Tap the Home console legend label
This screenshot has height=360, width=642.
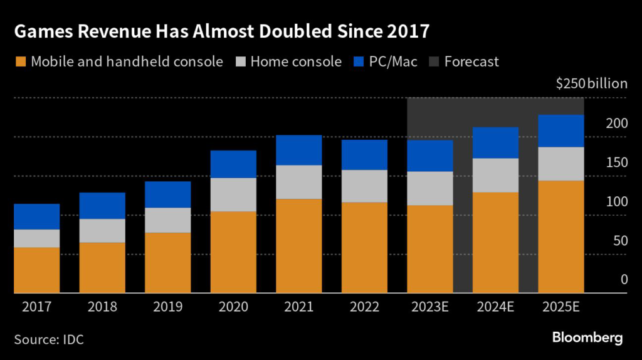[295, 61]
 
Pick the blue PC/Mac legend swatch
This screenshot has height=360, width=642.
[359, 61]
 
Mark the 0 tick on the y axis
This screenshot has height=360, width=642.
[623, 280]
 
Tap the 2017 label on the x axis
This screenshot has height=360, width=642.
[36, 307]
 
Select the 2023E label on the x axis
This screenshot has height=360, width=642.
[430, 307]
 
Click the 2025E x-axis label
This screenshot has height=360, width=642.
[561, 307]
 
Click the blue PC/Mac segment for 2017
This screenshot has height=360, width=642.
[36, 216]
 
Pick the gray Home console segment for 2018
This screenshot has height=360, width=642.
[102, 231]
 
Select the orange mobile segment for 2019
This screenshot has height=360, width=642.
[167, 263]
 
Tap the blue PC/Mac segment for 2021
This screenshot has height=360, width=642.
[299, 150]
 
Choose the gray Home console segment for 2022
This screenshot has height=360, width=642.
[364, 186]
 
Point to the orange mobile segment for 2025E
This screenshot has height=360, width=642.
[561, 236]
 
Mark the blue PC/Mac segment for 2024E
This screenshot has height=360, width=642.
[495, 142]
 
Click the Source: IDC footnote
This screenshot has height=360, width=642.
[49, 339]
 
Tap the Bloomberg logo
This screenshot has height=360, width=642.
[587, 338]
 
